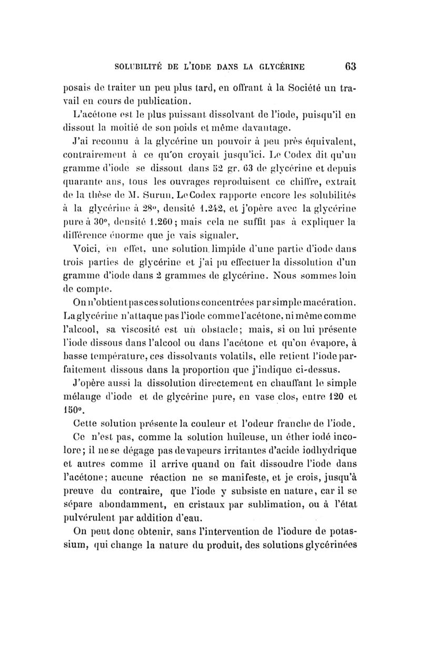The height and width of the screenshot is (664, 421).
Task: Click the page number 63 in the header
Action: click(351, 66)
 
